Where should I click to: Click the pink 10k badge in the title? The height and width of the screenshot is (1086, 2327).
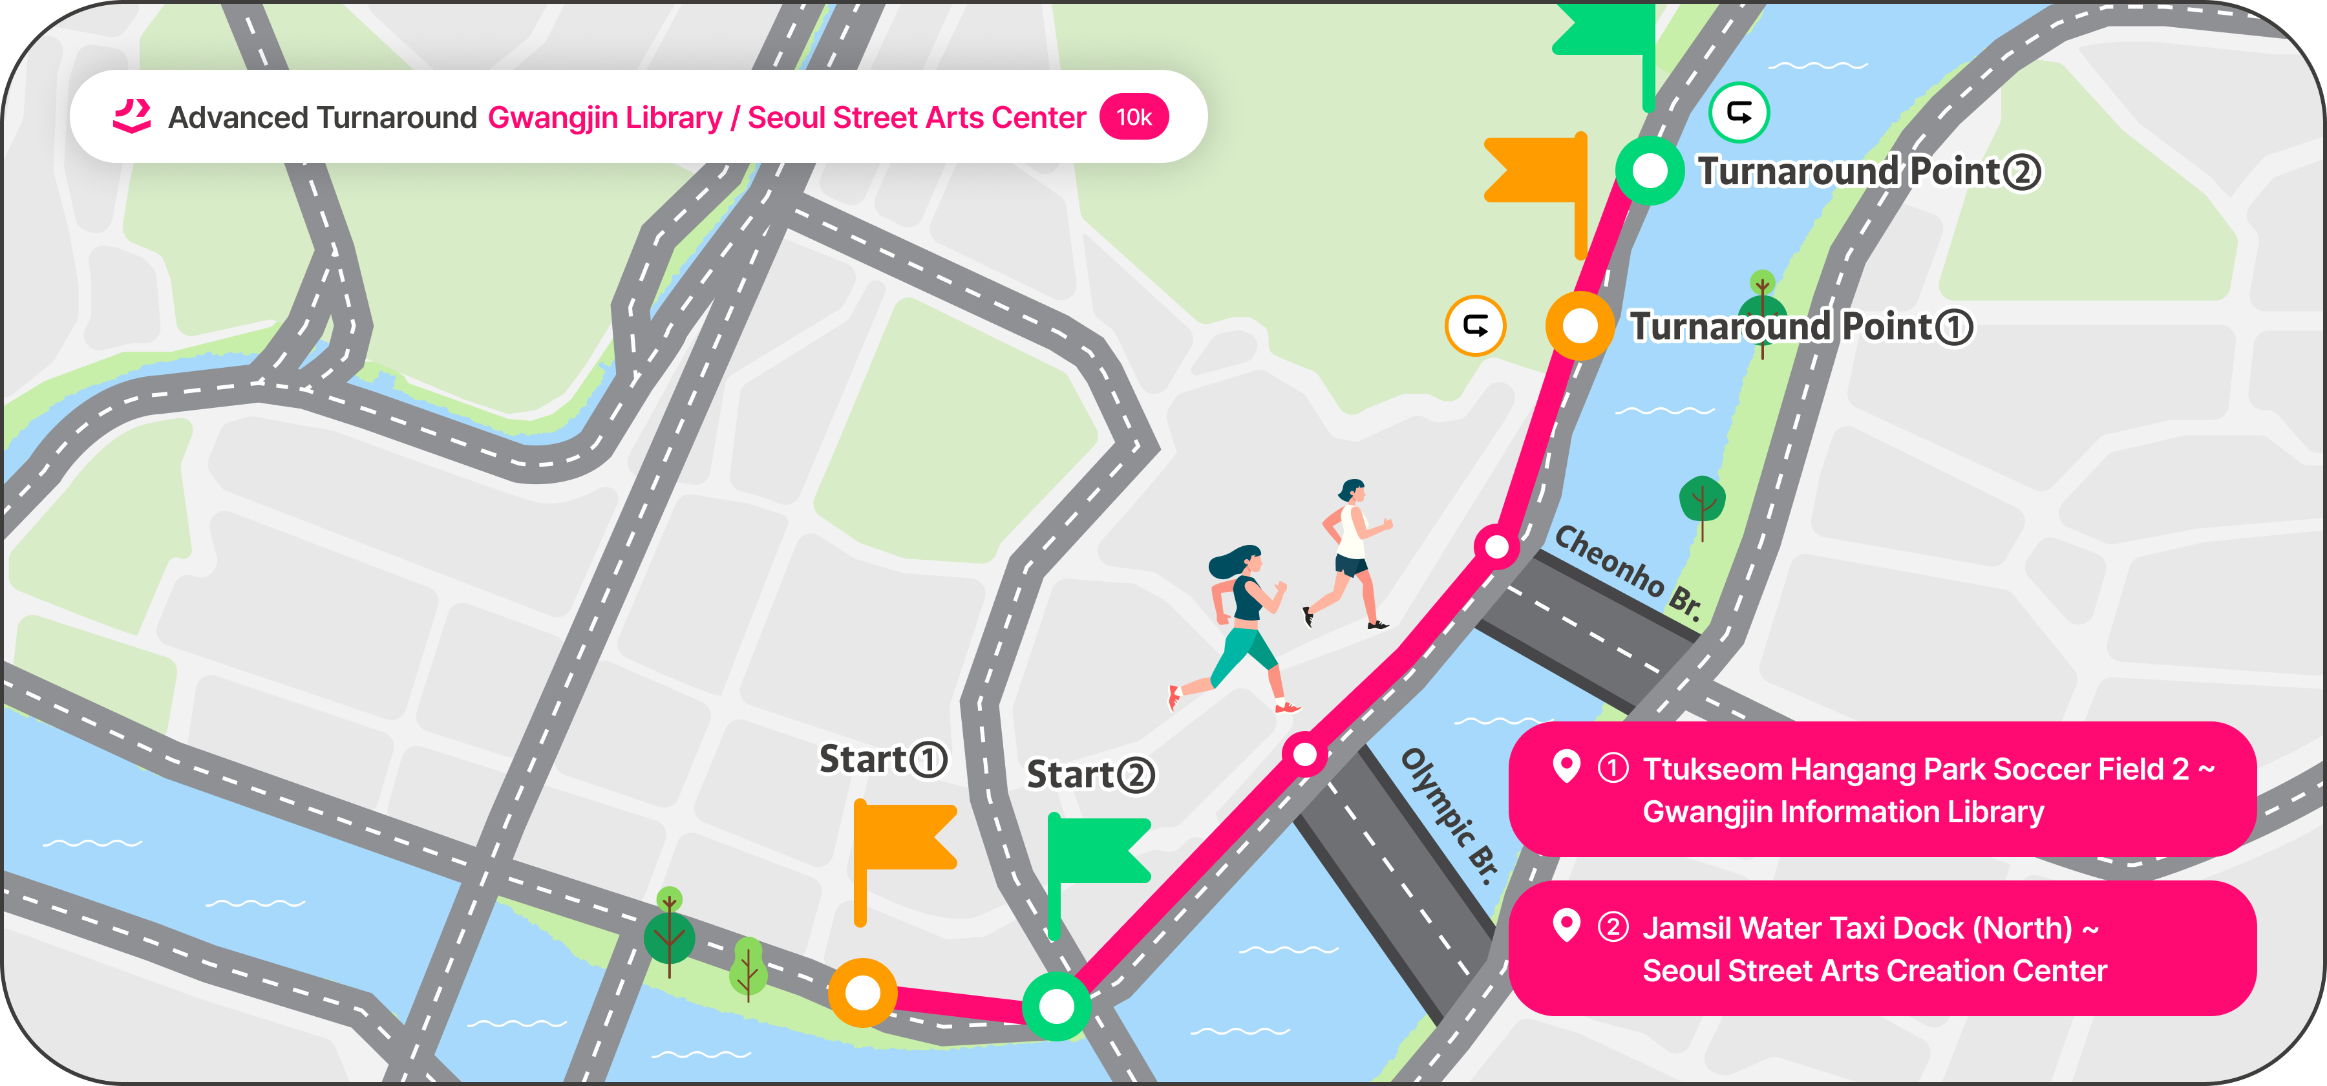pyautogui.click(x=1134, y=118)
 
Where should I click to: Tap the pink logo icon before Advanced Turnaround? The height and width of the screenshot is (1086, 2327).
pyautogui.click(x=132, y=116)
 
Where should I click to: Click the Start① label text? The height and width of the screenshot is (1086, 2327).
pyautogui.click(x=882, y=759)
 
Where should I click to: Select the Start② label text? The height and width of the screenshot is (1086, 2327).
pyautogui.click(x=1090, y=775)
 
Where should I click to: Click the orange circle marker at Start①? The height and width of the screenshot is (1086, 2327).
pyautogui.click(x=863, y=992)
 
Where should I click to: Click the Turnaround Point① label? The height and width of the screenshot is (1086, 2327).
pyautogui.click(x=1800, y=327)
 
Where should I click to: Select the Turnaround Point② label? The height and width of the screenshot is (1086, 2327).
pyautogui.click(x=1868, y=172)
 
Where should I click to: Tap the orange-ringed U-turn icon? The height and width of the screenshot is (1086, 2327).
pyautogui.click(x=1475, y=326)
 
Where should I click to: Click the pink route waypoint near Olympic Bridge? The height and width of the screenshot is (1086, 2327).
pyautogui.click(x=1304, y=754)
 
